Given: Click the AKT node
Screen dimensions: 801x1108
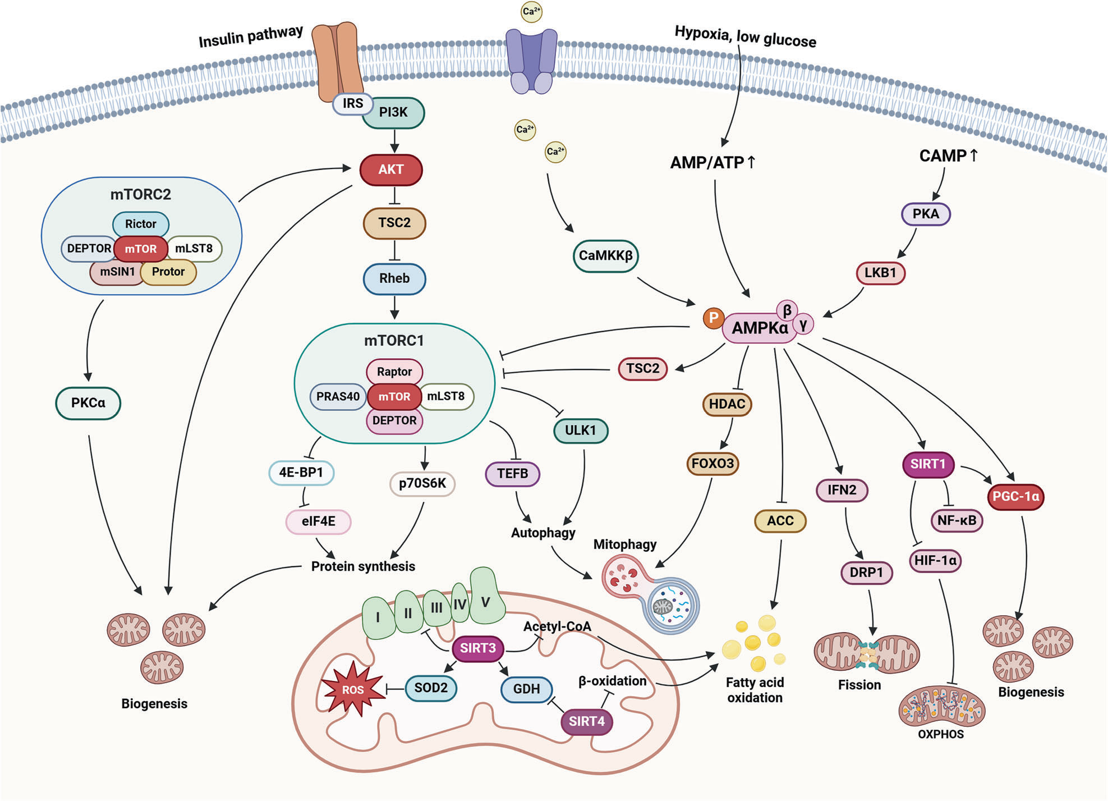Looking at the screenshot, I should [391, 170].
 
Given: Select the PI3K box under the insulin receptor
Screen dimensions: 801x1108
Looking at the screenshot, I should [394, 112].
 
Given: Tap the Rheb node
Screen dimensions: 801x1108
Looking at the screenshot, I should [394, 278].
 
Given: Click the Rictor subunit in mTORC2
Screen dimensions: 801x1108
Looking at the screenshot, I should [141, 224].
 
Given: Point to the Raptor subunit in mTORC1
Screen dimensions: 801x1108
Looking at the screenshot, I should [394, 372].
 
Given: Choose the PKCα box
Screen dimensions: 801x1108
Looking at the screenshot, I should [88, 403].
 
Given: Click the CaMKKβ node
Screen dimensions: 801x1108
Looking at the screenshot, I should [606, 256].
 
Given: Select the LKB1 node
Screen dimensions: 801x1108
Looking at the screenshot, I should [880, 273].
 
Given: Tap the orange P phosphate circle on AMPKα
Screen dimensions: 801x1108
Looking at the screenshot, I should [713, 318].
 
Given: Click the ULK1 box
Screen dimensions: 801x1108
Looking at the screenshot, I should [580, 431].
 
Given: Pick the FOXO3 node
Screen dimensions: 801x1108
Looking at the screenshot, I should [712, 464].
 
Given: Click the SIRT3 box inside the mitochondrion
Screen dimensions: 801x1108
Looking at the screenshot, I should [478, 648].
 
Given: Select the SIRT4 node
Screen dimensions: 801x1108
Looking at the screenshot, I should [587, 721].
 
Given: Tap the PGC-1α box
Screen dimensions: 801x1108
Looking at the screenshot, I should [1015, 497].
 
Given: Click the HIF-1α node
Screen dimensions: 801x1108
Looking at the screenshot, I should [935, 560].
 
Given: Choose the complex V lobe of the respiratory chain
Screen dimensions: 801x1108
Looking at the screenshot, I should [486, 602].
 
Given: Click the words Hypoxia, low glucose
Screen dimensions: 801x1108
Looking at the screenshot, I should [745, 37].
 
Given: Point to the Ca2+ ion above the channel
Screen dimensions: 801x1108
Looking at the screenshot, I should [531, 12].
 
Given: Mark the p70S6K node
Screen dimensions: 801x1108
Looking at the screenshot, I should [422, 484].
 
